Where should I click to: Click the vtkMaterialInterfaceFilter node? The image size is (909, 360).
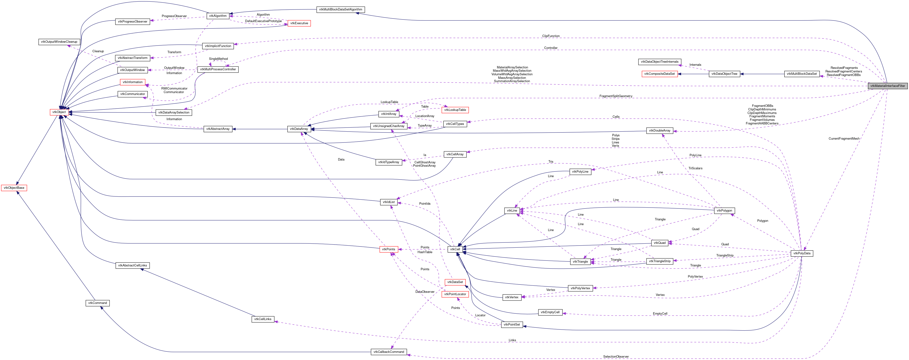[x=887, y=86]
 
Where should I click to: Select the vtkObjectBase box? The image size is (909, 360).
[x=14, y=188]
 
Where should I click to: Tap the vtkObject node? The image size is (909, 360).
[x=59, y=112]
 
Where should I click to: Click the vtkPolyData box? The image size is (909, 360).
[x=801, y=253]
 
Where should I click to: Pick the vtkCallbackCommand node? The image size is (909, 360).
[x=389, y=352]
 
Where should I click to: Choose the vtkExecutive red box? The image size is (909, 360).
[x=299, y=23]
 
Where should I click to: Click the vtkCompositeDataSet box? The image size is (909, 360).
[x=659, y=74]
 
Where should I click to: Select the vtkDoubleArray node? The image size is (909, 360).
[x=659, y=131]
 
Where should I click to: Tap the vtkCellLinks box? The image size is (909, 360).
[x=263, y=319]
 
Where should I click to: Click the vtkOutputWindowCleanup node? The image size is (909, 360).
[x=59, y=42]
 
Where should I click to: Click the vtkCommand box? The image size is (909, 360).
[x=97, y=303]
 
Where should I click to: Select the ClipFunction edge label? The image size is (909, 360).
[x=551, y=36]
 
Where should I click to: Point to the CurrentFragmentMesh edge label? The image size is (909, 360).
[x=844, y=139]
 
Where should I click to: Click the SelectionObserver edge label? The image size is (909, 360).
[x=616, y=356]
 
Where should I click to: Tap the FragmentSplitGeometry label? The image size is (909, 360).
[x=615, y=96]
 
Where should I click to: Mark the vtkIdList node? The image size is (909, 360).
[x=389, y=202]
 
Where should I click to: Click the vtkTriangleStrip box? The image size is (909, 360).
[x=659, y=261]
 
